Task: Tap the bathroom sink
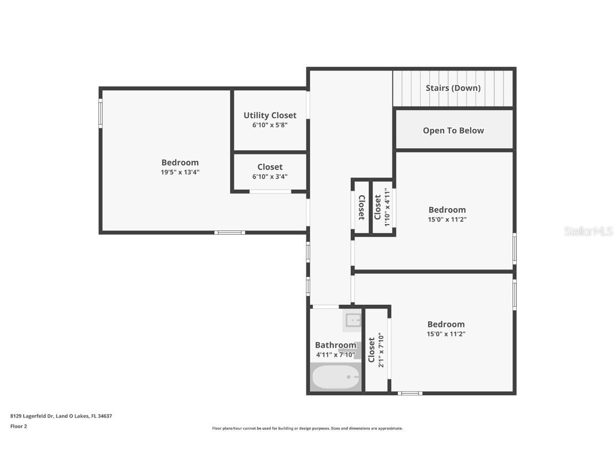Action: [352, 320]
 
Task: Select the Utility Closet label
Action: [270, 115]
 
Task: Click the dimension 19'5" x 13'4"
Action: [180, 172]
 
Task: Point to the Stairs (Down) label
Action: [453, 88]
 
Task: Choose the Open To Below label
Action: [453, 130]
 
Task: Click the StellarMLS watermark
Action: [588, 231]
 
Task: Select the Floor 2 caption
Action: [18, 426]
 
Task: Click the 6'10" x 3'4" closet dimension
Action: [270, 176]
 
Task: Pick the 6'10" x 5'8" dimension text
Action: [270, 125]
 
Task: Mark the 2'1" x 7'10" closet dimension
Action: [381, 350]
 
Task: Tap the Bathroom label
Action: [335, 345]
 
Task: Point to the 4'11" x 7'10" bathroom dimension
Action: [335, 355]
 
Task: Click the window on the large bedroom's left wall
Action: [100, 114]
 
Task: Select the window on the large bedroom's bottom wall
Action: [230, 233]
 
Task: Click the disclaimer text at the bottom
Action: [307, 428]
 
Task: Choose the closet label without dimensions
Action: [361, 207]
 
